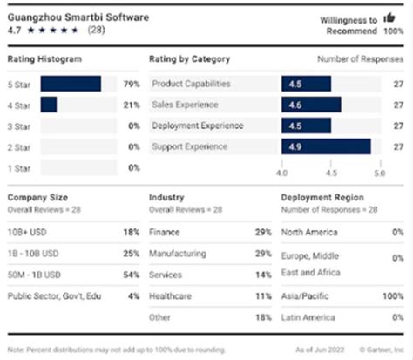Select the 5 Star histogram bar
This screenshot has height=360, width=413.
point(71,84)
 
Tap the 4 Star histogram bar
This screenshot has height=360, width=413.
point(49,105)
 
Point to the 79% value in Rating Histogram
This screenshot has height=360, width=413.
point(132,84)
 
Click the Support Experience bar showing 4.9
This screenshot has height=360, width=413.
point(326,146)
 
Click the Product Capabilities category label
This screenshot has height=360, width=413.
point(192,84)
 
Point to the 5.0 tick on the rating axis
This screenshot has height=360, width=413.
point(379,173)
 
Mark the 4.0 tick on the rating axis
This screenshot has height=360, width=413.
point(281,173)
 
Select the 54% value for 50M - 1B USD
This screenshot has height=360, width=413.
point(132,275)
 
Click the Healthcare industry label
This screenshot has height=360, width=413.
point(172,296)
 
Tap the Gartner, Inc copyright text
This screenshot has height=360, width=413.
point(376,350)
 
